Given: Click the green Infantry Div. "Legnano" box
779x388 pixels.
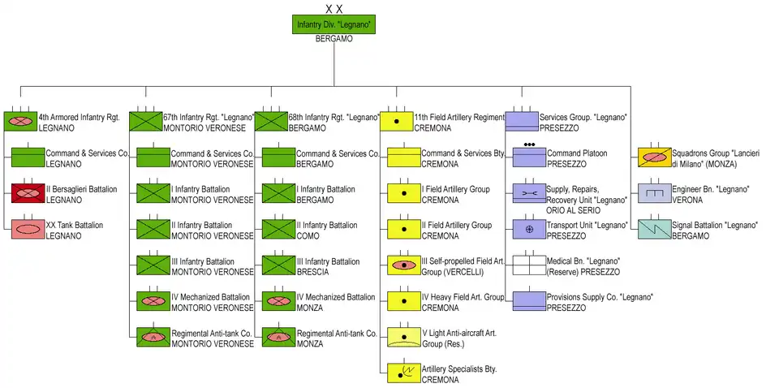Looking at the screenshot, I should tap(334, 24).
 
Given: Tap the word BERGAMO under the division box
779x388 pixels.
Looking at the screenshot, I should tap(334, 39).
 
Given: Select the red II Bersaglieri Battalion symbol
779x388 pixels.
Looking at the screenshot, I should tap(28, 193).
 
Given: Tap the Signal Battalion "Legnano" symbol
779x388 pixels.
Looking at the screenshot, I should tap(655, 229).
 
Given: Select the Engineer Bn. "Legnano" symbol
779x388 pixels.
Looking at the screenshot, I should tap(655, 193).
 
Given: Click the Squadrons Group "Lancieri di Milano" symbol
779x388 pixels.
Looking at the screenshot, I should tap(655, 157).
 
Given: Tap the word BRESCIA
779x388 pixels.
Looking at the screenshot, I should tap(312, 272).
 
